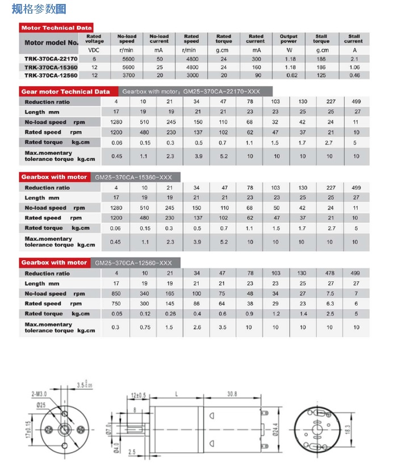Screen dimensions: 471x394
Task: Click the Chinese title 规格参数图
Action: [x=39, y=9]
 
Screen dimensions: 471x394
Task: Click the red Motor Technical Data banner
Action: [x=56, y=27]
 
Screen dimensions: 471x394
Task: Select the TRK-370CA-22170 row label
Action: [x=51, y=58]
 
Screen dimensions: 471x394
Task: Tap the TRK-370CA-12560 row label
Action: [x=51, y=75]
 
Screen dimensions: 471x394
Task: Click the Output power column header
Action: [x=288, y=39]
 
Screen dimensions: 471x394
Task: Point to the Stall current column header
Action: [x=353, y=39]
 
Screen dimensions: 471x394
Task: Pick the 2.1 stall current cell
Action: [x=353, y=58]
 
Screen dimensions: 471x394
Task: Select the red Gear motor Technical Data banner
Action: [x=65, y=91]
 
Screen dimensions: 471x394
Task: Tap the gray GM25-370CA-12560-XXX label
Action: [x=133, y=263]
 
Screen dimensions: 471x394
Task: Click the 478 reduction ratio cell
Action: [x=329, y=273]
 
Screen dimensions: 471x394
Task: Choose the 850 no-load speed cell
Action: [x=116, y=294]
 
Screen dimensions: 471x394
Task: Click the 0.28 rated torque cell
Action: [x=169, y=313]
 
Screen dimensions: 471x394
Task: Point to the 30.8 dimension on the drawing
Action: [x=232, y=393]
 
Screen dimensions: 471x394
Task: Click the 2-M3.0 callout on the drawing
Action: [x=40, y=393]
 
